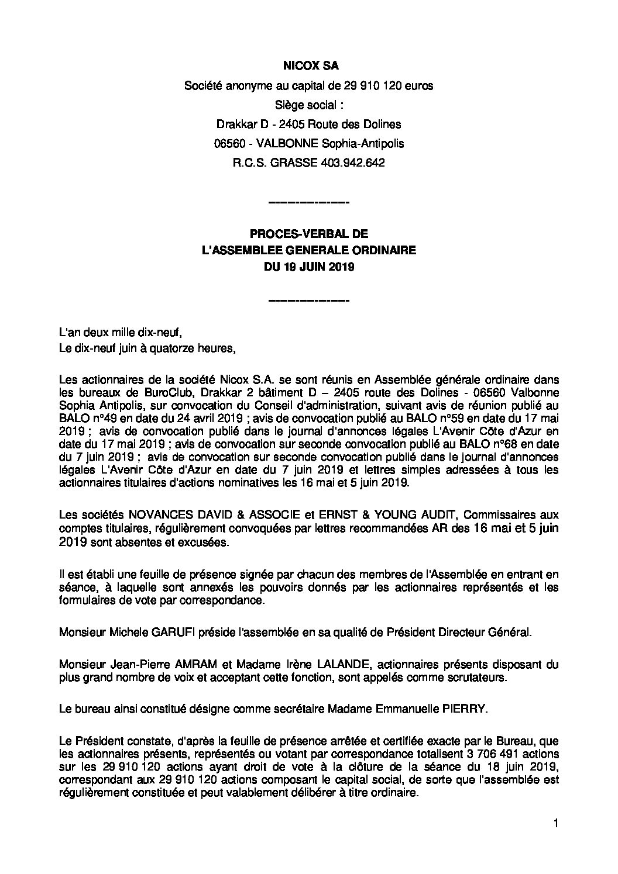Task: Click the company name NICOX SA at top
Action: (x=308, y=66)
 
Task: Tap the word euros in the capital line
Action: (x=420, y=86)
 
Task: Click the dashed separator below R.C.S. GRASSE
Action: (x=308, y=203)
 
